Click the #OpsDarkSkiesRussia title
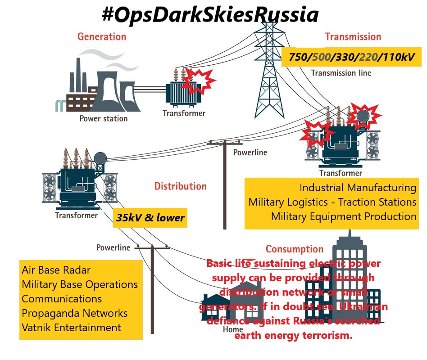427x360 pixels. click(210, 15)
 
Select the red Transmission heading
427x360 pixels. click(353, 36)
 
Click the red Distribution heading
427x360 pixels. click(180, 186)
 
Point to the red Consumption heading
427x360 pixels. click(294, 249)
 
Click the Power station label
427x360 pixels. click(103, 119)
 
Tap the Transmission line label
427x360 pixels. click(341, 73)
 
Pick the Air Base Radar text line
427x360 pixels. click(56, 270)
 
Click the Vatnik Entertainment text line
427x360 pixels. click(71, 328)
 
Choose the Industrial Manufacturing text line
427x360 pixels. click(358, 188)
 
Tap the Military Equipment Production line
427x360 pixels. click(343, 216)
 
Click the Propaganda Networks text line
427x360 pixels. click(74, 313)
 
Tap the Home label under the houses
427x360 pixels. click(233, 329)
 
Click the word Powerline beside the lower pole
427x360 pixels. click(113, 247)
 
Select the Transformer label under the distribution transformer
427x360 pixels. click(76, 215)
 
